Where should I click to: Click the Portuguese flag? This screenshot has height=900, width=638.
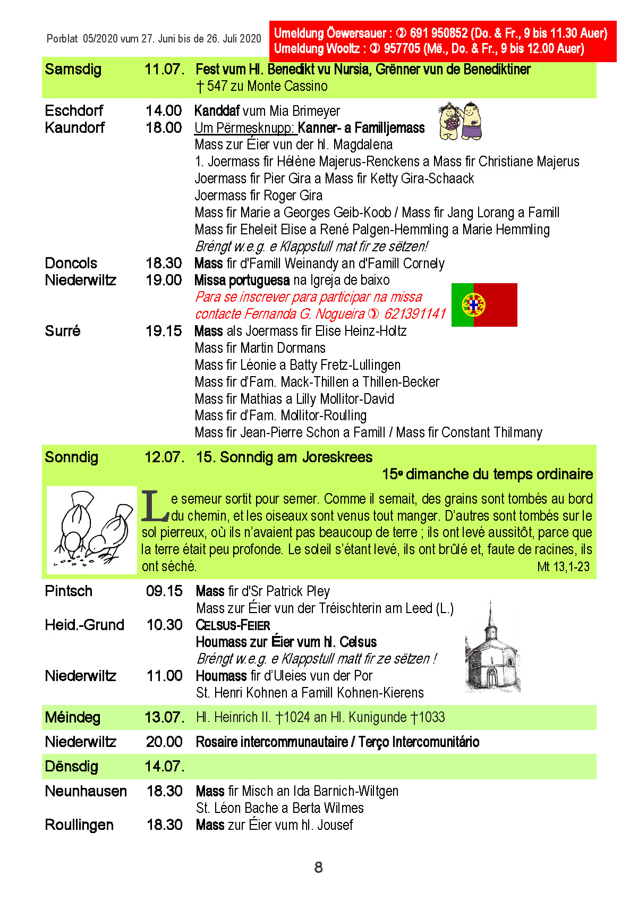[484, 305]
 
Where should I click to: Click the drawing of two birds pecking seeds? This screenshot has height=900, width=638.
[92, 530]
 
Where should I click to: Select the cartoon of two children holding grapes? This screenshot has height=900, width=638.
[460, 121]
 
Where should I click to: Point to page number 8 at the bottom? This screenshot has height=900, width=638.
[318, 868]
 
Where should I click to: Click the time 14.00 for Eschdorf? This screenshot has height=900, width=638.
[164, 111]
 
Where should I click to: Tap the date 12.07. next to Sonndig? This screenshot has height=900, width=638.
[164, 457]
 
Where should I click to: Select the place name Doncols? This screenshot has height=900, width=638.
[71, 264]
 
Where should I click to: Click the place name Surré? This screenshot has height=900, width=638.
[63, 331]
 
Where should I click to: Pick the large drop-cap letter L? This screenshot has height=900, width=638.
[155, 506]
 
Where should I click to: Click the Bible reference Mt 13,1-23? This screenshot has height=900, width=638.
[563, 567]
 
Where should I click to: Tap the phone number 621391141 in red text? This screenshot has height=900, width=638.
[415, 314]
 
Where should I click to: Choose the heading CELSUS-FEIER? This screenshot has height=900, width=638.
[233, 625]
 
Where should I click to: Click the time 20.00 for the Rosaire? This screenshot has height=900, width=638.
[164, 742]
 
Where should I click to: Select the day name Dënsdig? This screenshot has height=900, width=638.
[72, 767]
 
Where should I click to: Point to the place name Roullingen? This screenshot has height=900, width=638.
[79, 825]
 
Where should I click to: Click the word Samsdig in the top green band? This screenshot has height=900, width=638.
[73, 70]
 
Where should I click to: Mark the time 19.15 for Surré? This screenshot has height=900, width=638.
[164, 331]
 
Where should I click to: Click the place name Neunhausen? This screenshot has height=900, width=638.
[86, 791]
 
